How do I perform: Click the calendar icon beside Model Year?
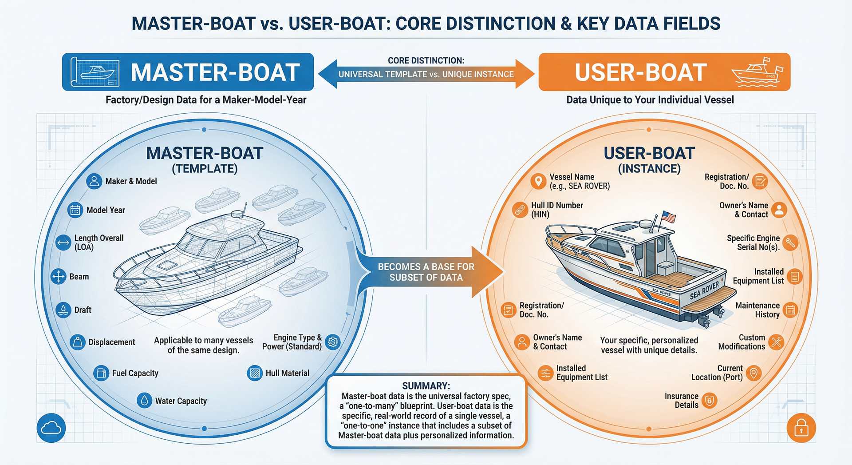75,210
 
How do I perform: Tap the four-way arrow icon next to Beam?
59,276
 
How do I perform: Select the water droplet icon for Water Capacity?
144,401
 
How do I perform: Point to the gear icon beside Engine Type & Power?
333,342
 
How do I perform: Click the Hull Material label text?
287,373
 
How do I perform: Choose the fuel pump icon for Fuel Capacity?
101,373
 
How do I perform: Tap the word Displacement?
111,342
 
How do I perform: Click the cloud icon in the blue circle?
51,428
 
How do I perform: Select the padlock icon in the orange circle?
801,428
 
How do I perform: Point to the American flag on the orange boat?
668,217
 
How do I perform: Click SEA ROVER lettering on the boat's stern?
704,290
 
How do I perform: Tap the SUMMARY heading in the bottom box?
426,386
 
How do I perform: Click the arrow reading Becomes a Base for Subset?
426,272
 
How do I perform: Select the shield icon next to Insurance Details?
710,401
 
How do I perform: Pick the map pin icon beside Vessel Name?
538,181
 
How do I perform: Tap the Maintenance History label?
757,310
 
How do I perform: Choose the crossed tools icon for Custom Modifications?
776,342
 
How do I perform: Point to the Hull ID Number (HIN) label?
557,210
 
